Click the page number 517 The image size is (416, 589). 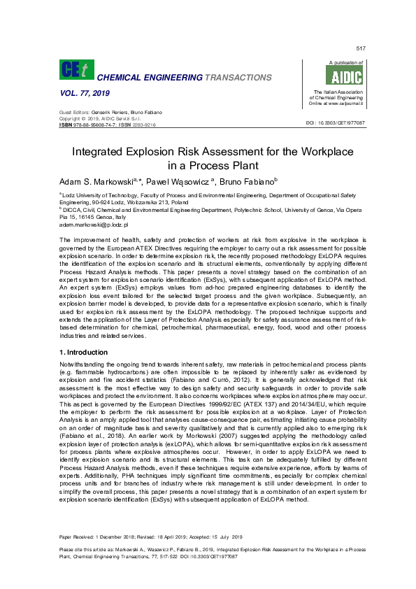tap(361, 48)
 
